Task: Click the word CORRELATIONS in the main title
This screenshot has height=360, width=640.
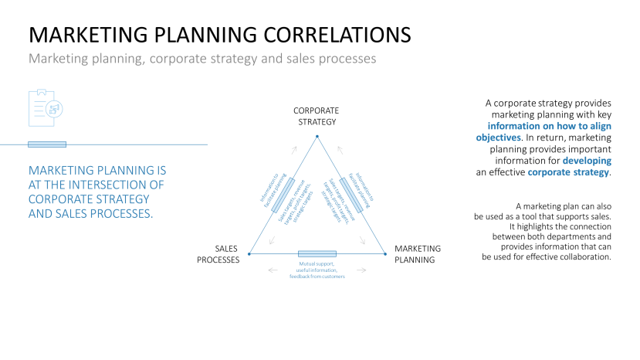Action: (x=333, y=35)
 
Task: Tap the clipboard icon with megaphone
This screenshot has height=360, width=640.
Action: (x=46, y=107)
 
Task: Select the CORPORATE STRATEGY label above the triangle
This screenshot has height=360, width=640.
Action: (x=316, y=116)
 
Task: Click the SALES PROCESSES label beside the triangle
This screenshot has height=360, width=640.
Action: (x=218, y=254)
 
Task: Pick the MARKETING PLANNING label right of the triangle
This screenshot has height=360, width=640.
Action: (x=418, y=254)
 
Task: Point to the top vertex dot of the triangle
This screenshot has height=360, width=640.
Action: (x=317, y=138)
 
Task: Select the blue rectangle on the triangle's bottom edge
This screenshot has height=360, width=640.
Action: (x=317, y=253)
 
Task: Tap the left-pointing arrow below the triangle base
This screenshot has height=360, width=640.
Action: (x=270, y=270)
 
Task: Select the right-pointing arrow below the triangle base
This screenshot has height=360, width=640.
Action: (x=364, y=270)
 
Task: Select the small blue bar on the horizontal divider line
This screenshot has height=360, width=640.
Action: (x=47, y=144)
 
